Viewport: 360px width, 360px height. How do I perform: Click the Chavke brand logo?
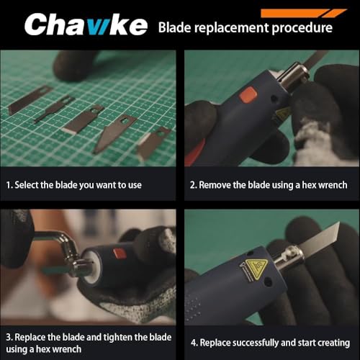coord(86,24)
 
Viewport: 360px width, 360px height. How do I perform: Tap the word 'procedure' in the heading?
coord(302,28)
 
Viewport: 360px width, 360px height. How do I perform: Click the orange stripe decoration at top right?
coord(303,13)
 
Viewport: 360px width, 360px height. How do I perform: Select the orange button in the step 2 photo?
coord(248,94)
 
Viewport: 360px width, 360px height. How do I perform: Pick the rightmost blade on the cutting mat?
coord(153,143)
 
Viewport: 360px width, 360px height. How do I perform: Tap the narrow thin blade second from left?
coord(54,109)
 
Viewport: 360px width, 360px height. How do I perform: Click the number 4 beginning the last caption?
coord(194,343)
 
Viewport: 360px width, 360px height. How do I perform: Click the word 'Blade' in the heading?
coord(174,27)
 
